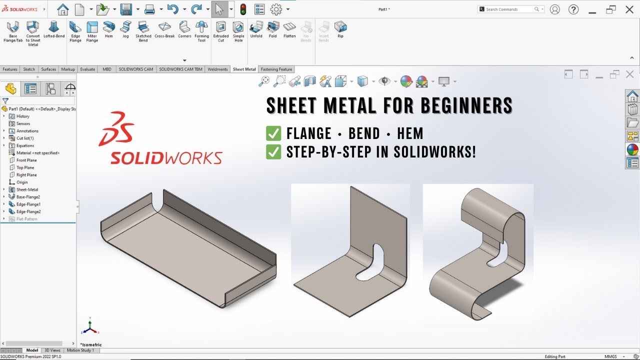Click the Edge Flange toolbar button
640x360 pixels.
(x=75, y=30)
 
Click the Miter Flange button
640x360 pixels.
(x=92, y=30)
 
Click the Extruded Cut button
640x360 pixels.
(x=220, y=30)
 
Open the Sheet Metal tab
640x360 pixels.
(x=244, y=69)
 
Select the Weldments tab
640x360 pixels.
(x=217, y=69)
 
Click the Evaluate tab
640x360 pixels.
(x=87, y=69)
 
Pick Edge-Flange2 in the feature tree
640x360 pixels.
(x=28, y=211)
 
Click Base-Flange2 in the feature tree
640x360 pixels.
(x=28, y=197)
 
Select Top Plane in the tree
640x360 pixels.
(x=25, y=167)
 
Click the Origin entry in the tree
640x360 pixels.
(x=22, y=182)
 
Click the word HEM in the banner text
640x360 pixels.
(x=410, y=134)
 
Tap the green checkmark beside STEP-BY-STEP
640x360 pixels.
(x=273, y=152)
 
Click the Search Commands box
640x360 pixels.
(x=507, y=9)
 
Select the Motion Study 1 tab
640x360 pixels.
(x=80, y=350)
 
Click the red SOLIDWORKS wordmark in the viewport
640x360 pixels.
(x=166, y=158)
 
